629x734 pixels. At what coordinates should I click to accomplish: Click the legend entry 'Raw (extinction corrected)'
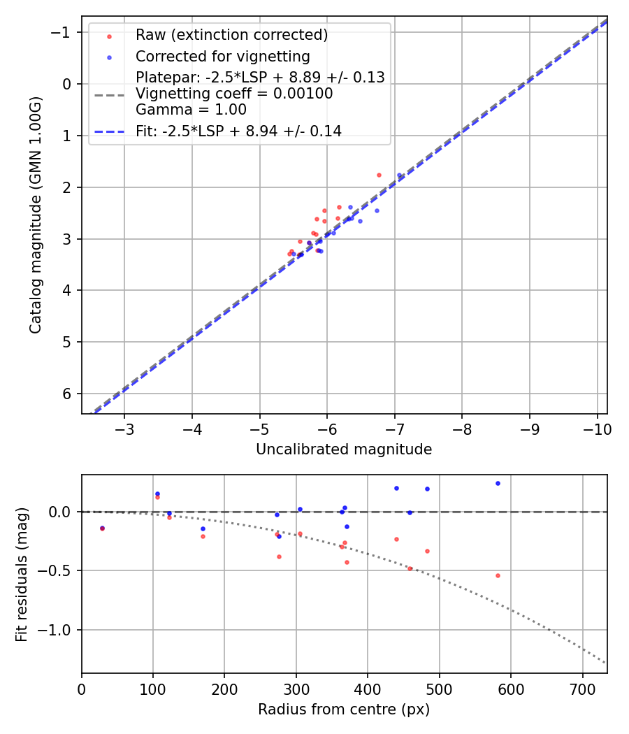231,35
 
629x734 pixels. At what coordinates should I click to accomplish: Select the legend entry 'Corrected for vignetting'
222,56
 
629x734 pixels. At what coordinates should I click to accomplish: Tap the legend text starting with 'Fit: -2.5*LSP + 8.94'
238,131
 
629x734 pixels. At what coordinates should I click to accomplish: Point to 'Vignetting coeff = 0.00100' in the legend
234,94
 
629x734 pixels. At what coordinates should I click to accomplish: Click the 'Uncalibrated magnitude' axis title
344,449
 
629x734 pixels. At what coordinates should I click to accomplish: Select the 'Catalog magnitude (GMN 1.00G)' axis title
36,215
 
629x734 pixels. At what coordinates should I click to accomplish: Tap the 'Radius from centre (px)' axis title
344,710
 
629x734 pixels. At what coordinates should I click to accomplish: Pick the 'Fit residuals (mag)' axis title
21,574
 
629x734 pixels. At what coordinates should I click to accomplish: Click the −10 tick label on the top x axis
597,428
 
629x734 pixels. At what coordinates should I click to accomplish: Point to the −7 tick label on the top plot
395,428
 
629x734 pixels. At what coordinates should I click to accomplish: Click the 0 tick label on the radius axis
82,688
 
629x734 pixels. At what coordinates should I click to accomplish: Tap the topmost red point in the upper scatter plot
379,175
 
